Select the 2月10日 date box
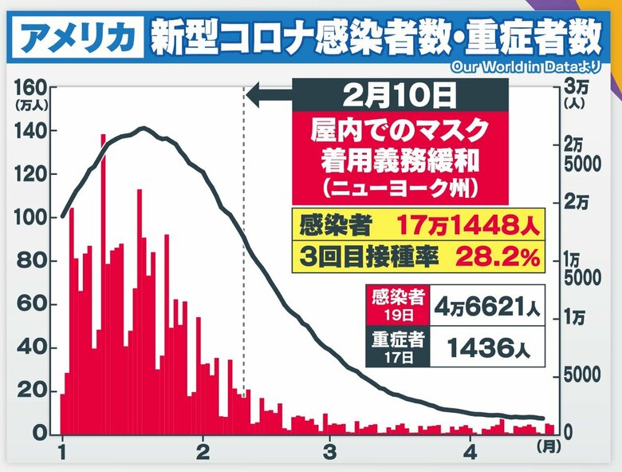(400, 97)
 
